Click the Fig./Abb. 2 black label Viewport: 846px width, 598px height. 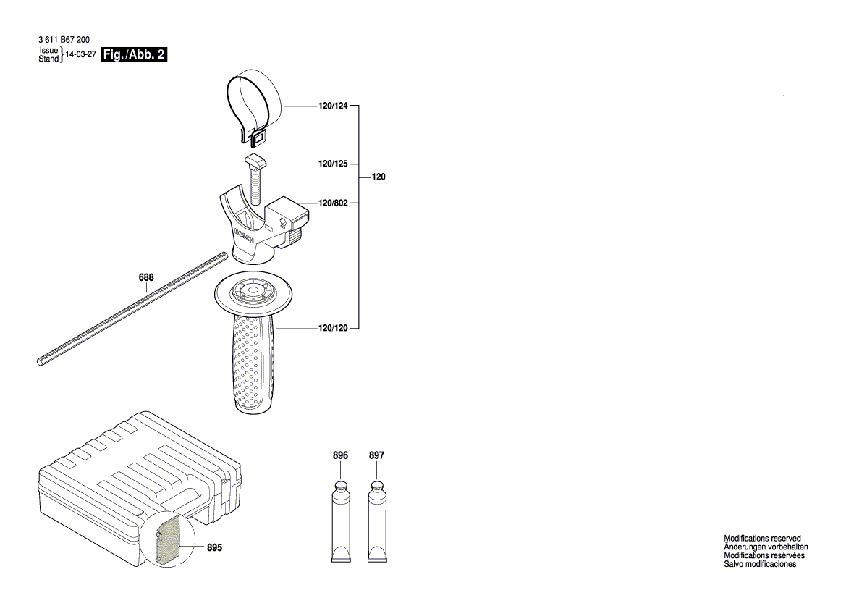[x=135, y=54]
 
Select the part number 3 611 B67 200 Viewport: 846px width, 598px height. [x=64, y=39]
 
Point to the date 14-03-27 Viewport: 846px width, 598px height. [x=80, y=54]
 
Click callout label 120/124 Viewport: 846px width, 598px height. [x=333, y=106]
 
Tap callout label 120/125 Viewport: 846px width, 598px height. [x=333, y=164]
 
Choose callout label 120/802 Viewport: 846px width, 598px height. [x=333, y=203]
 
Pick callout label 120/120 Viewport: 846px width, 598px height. [x=333, y=328]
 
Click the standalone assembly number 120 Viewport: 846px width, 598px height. [x=378, y=177]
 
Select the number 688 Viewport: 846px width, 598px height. [x=146, y=277]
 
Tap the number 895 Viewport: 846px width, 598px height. [x=214, y=547]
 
